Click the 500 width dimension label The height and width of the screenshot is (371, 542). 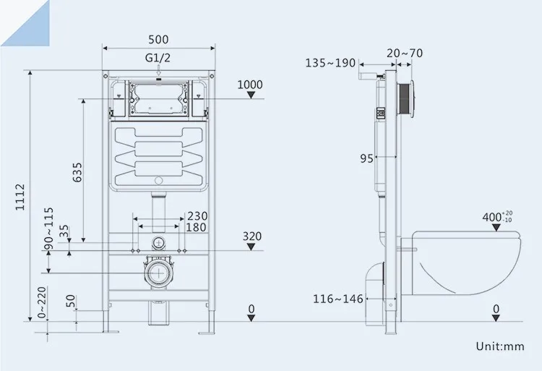pyautogui.click(x=159, y=39)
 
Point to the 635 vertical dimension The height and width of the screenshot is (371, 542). pyautogui.click(x=77, y=172)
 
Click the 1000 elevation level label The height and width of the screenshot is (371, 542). pyautogui.click(x=250, y=85)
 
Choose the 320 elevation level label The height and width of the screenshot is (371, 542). pyautogui.click(x=251, y=236)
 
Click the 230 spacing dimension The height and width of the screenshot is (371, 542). pyautogui.click(x=197, y=216)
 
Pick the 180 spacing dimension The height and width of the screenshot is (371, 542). pyautogui.click(x=197, y=228)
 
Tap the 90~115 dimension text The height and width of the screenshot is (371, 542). pyautogui.click(x=48, y=229)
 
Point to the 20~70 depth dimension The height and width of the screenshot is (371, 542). pyautogui.click(x=405, y=52)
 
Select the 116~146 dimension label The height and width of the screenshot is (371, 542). pyautogui.click(x=336, y=298)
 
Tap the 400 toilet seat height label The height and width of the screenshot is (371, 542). pyautogui.click(x=497, y=216)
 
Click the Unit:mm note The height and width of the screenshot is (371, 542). pyautogui.click(x=499, y=346)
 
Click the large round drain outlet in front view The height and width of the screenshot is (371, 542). pyautogui.click(x=158, y=273)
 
